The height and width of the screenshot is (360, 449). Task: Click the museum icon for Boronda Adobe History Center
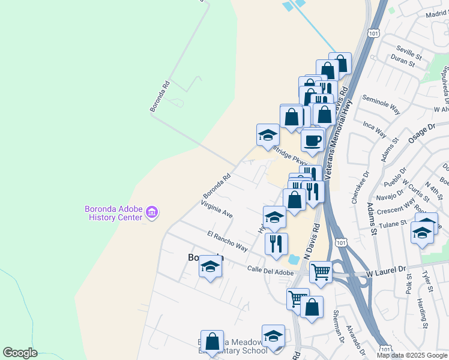pos(152,213)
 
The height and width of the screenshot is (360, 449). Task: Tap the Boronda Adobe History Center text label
pos(113,213)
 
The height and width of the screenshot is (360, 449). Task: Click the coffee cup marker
pos(312,141)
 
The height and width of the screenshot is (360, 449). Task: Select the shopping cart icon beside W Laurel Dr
pos(321,272)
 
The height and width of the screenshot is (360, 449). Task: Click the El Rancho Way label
pos(227,241)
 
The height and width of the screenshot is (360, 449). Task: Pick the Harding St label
pos(423,314)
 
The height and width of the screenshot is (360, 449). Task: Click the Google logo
pos(20,353)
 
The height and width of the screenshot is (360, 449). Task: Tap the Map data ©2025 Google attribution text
pos(411,355)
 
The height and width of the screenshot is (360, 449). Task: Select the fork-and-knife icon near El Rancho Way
pos(276,244)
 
